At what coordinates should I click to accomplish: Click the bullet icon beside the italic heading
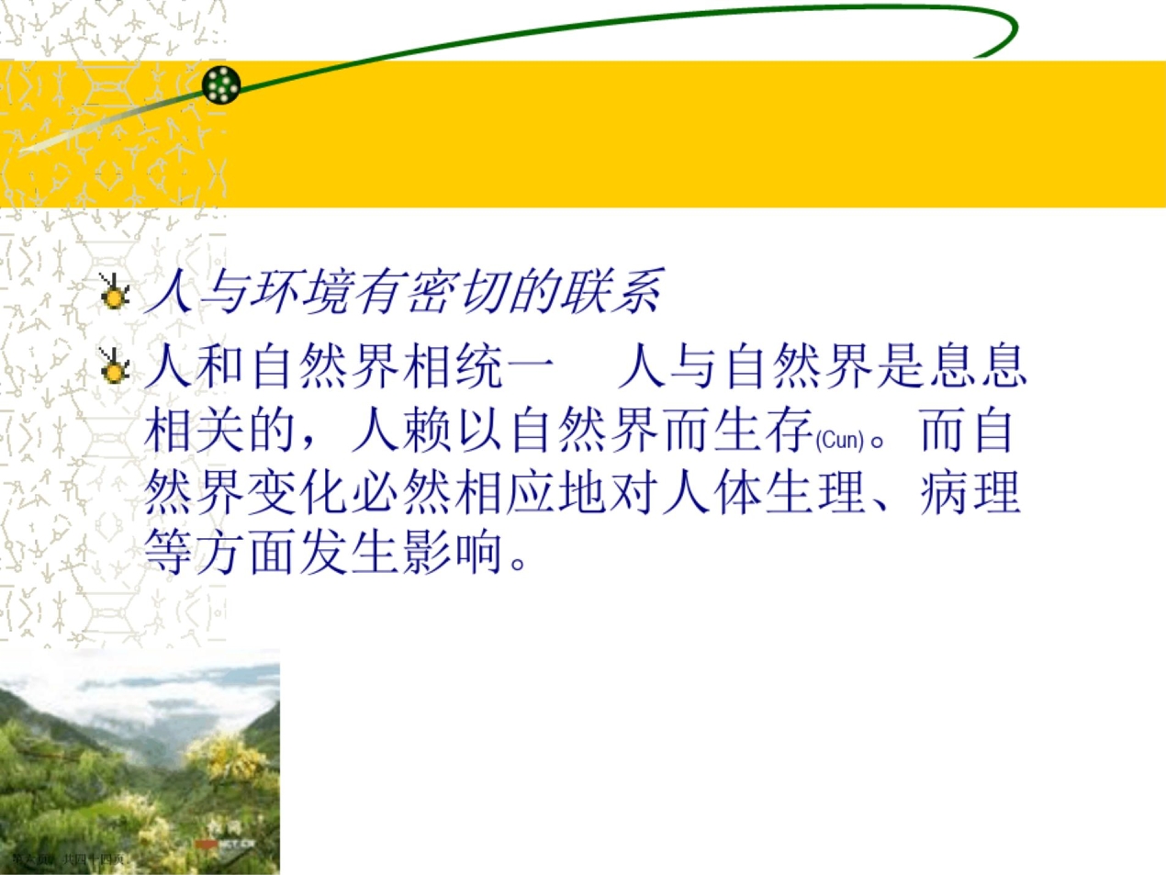114,293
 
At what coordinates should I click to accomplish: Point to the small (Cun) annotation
840,441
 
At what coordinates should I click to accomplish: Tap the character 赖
430,429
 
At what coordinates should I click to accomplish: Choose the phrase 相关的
221,429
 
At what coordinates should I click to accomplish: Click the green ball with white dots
221,84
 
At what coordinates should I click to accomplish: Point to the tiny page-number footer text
68,859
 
